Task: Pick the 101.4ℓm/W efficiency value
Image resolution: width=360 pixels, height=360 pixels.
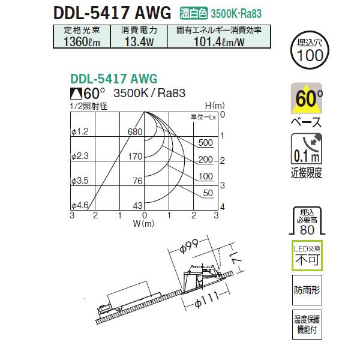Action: (x=218, y=41)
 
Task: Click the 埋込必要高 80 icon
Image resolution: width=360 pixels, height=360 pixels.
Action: (x=310, y=221)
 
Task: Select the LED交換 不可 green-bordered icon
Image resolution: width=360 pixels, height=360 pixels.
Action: (x=310, y=257)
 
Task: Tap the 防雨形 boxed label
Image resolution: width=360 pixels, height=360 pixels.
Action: (x=310, y=289)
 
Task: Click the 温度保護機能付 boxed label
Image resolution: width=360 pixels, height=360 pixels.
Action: (x=310, y=325)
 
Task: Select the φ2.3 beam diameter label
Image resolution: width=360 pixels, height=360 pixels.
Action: (x=80, y=156)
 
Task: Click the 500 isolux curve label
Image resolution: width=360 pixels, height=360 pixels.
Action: (x=205, y=143)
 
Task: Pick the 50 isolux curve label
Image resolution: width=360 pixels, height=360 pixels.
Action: (x=208, y=193)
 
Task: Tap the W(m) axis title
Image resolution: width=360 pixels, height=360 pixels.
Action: (x=144, y=224)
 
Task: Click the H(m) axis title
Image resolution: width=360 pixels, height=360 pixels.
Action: (x=213, y=106)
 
